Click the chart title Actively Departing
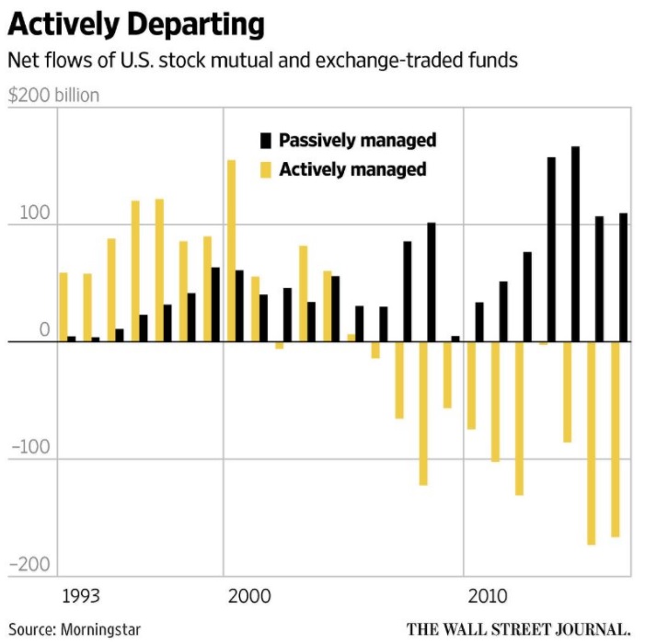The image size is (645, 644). tap(136, 24)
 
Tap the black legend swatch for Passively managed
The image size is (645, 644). tap(267, 141)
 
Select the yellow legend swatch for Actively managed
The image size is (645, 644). tap(267, 169)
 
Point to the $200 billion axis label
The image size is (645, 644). tap(53, 95)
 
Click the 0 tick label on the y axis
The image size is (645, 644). tap(43, 329)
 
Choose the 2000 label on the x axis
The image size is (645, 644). tap(249, 596)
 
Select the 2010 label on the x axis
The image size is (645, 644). tap(489, 596)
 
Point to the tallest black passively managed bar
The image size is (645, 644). tap(575, 244)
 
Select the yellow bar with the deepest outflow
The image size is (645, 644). tap(592, 443)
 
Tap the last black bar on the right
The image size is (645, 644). tap(623, 277)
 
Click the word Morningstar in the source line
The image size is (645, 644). tap(101, 630)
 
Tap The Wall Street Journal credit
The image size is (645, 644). tap(519, 630)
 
